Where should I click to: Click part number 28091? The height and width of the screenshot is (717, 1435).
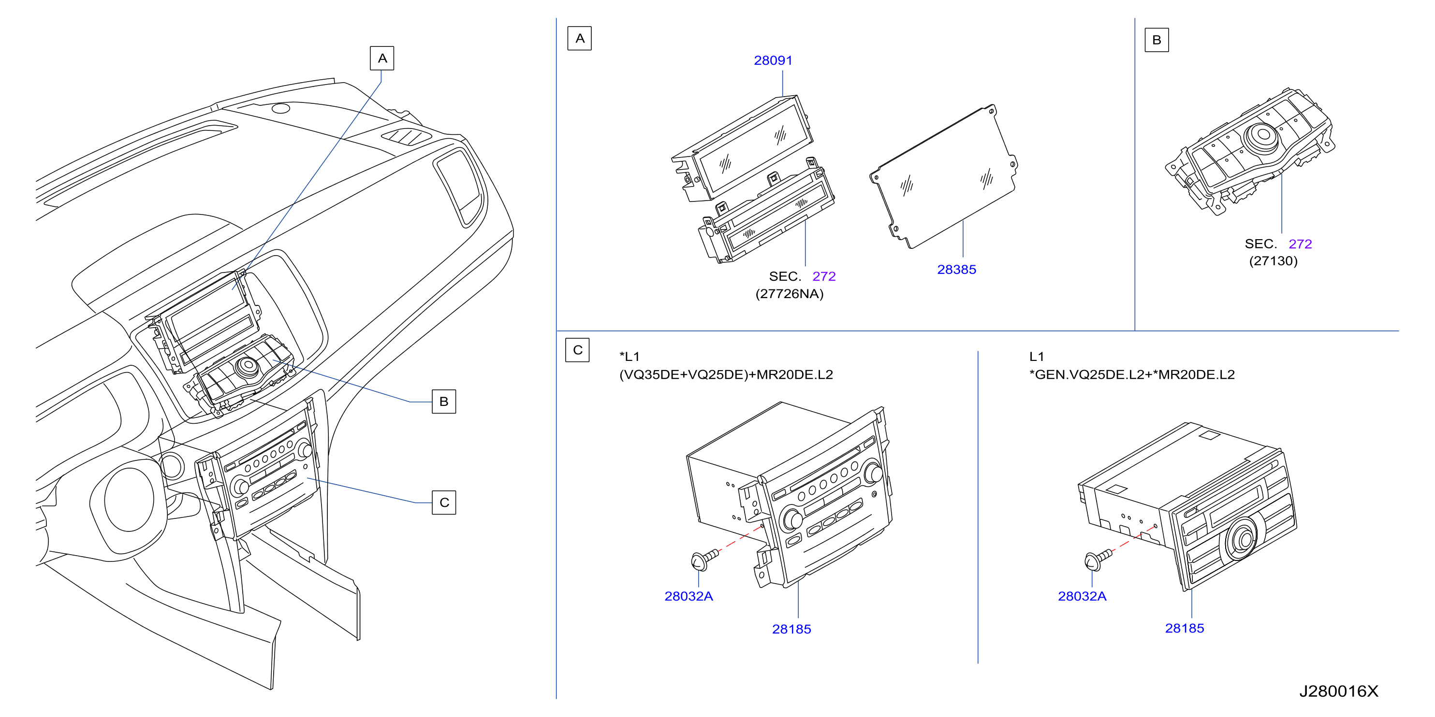click(x=773, y=60)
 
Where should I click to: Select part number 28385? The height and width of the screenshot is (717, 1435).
click(x=956, y=270)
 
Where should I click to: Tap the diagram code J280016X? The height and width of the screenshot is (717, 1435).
click(x=1339, y=691)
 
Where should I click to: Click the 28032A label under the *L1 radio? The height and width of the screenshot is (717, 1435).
click(x=688, y=596)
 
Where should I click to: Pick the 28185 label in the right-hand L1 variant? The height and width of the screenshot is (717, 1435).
click(x=1185, y=628)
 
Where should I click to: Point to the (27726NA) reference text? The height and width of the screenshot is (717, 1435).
click(x=790, y=294)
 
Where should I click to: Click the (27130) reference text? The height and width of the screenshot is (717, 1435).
click(x=1273, y=261)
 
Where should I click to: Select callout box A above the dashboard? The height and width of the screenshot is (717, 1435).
click(x=382, y=58)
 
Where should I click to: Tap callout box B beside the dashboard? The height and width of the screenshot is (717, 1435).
click(x=444, y=402)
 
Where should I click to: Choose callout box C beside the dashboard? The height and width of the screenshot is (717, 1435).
click(x=444, y=502)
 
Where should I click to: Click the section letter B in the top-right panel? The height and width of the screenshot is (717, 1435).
click(x=1157, y=40)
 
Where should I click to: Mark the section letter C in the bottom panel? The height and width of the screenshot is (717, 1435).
click(x=578, y=350)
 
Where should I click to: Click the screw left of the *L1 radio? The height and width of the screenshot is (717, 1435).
click(x=704, y=559)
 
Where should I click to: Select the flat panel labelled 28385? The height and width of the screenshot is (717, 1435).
click(x=944, y=176)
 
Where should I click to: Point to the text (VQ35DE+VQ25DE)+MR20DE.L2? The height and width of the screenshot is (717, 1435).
click(x=726, y=374)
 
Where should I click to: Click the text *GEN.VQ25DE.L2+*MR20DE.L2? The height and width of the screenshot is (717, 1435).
click(x=1131, y=374)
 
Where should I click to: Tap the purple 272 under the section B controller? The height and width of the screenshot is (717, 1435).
click(x=1300, y=244)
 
